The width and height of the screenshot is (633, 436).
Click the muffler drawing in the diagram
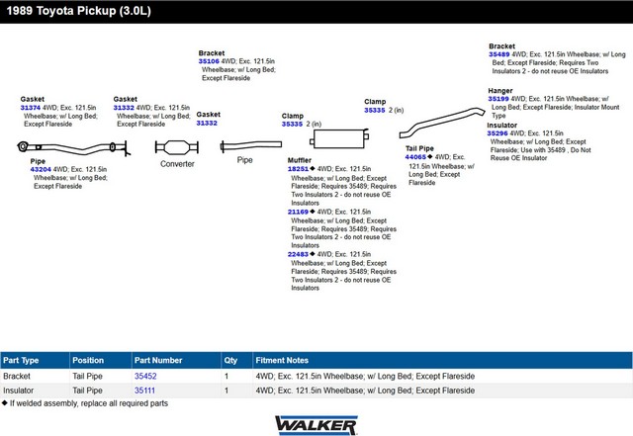point(339,138)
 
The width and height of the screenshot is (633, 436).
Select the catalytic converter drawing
point(177,147)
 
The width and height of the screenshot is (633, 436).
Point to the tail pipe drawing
point(442,122)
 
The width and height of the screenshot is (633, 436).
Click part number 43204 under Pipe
point(41,170)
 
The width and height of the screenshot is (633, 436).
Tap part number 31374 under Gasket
point(31,108)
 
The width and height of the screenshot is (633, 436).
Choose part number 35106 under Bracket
point(209,61)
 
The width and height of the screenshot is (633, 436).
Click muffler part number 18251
point(298,169)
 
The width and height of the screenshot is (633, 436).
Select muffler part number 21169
point(298,212)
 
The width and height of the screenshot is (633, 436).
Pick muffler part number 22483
point(298,254)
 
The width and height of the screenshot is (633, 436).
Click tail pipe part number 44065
point(415,157)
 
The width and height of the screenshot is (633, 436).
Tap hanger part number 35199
point(498,99)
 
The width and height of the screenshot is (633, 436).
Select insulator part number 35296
point(497,133)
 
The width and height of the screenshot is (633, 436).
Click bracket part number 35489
point(498,54)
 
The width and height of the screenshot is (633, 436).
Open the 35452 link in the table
point(145,377)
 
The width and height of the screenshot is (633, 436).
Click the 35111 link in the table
point(144,391)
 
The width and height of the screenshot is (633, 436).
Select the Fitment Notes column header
point(282,360)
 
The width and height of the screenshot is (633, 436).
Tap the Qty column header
point(230,361)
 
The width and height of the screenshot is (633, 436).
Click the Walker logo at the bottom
point(316,425)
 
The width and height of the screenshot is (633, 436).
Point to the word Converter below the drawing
point(177,164)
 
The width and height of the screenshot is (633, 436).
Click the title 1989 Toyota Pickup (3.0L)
point(79,11)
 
